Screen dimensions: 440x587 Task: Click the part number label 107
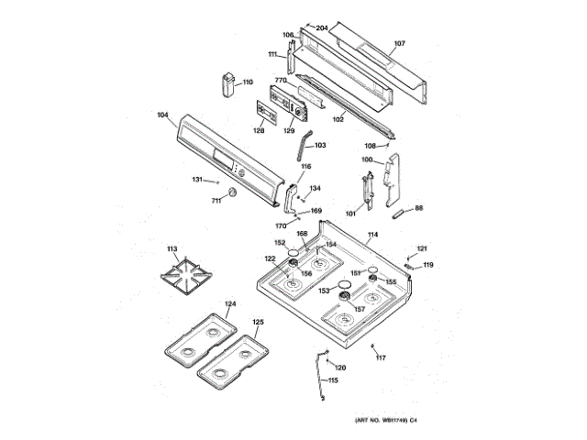[399, 43]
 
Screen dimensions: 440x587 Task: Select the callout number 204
[322, 27]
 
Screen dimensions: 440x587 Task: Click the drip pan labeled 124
[199, 335]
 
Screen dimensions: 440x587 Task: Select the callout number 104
[162, 115]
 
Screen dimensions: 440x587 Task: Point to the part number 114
[373, 236]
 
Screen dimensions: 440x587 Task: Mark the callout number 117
[382, 357]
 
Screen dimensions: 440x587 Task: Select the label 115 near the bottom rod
[333, 380]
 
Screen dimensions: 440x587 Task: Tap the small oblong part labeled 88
[400, 214]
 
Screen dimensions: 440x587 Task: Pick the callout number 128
[259, 130]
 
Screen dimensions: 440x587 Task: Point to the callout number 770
[282, 81]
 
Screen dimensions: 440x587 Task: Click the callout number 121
[423, 248]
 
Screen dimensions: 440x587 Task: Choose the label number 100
[367, 160]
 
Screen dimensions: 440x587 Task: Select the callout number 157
[360, 308]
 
